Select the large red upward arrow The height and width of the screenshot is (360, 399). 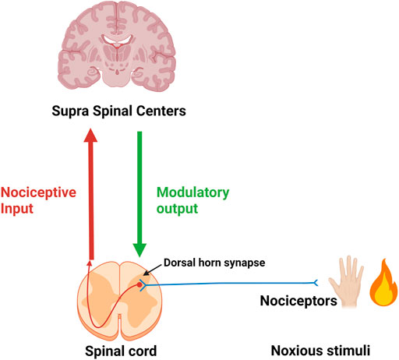(92, 195)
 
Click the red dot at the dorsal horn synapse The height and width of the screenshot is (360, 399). (141, 286)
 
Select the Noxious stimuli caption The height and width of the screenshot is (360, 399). (316, 351)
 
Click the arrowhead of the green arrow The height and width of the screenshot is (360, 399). (141, 249)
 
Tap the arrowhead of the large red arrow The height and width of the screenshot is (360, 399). (92, 140)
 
